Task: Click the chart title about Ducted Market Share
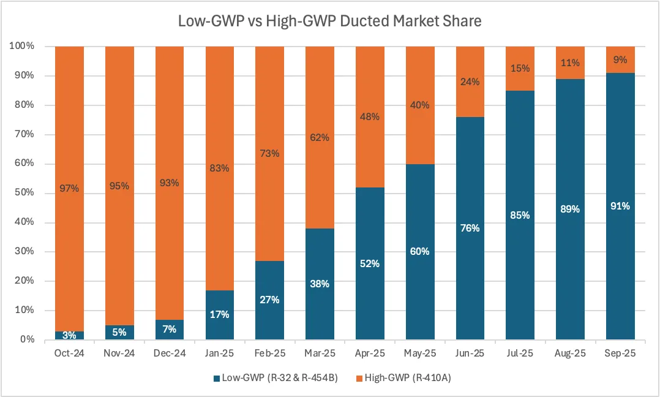329,21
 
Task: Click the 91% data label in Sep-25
620,206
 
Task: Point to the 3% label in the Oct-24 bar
69,335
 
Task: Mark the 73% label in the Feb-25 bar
269,153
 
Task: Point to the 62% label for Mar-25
319,138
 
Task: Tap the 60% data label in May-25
419,252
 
